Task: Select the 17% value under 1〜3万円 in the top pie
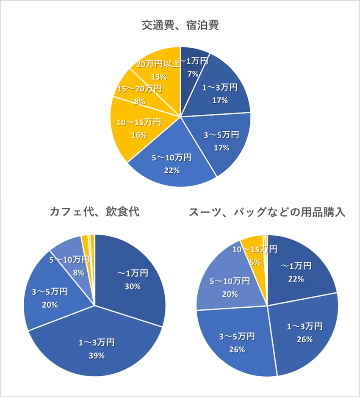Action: pos(220,100)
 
